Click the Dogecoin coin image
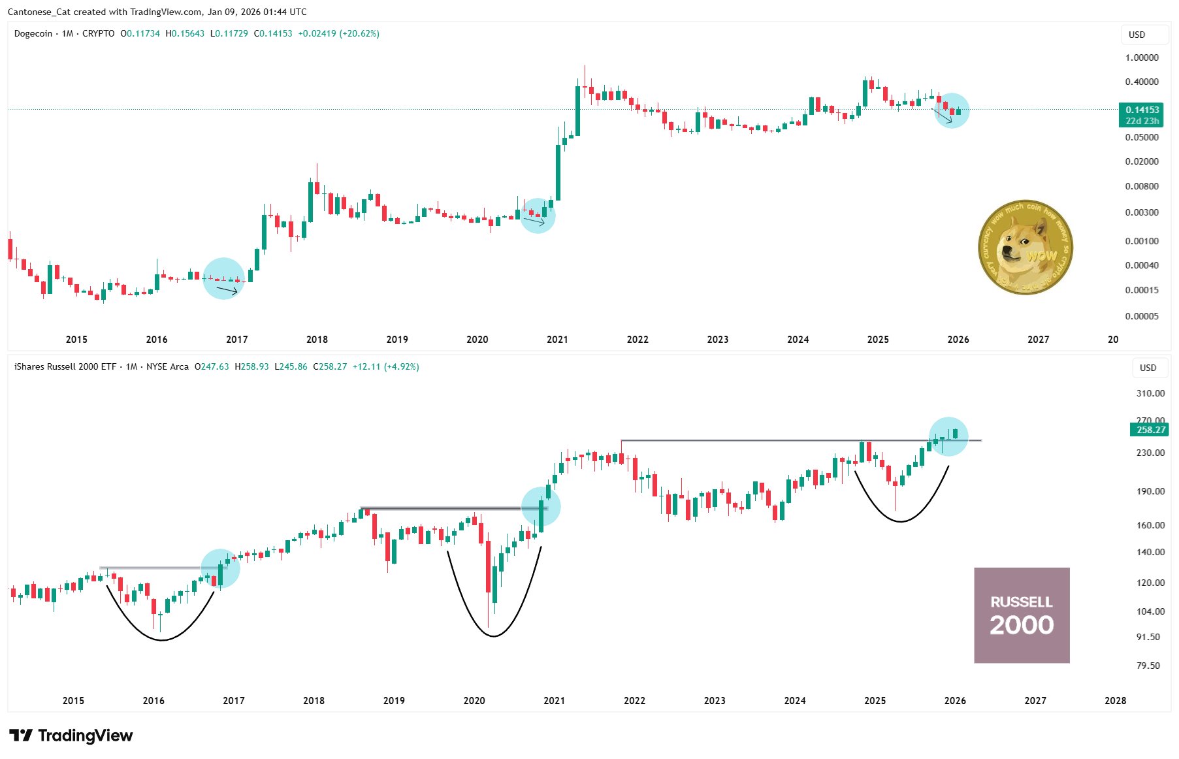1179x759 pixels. point(1025,248)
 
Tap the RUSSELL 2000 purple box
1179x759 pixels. point(1022,615)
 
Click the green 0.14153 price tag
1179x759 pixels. point(1142,110)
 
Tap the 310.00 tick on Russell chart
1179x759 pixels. point(1150,393)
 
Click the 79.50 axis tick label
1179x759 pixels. point(1148,666)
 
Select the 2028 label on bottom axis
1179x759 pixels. point(1115,701)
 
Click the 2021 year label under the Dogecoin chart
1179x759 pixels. point(557,340)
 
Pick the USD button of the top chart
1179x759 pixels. point(1137,35)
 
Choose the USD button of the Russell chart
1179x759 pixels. point(1148,368)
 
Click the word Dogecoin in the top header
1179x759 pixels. point(33,33)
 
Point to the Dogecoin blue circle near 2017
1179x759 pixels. point(223,279)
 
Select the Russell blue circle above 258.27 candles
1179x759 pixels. point(948,436)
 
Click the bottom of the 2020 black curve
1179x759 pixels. point(494,636)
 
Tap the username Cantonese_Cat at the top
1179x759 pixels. point(39,12)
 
